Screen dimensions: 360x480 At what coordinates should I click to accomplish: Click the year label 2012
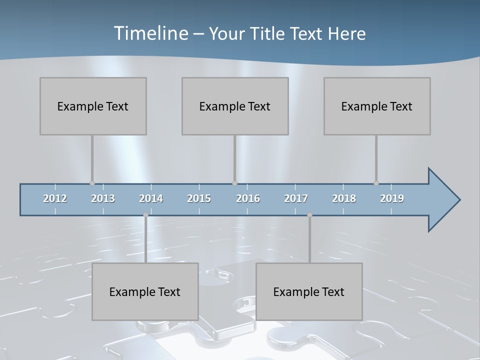point(55,198)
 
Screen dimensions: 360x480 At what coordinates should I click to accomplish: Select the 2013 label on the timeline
point(103,198)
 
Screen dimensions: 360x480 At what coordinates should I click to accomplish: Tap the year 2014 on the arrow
point(151,198)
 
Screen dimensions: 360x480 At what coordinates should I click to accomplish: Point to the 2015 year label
point(199,198)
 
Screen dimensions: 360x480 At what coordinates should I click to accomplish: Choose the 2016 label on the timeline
point(248,198)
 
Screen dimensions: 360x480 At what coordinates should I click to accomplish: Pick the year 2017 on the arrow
point(296,198)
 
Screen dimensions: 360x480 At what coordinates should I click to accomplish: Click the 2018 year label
point(344,198)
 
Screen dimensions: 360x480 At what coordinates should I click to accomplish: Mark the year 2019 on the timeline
point(392,198)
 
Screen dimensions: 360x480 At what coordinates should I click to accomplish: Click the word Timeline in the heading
point(150,33)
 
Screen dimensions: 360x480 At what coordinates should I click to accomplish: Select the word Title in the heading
point(268,34)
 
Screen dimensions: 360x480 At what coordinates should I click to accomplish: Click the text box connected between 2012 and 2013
point(93,106)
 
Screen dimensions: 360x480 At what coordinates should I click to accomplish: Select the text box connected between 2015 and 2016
point(235,106)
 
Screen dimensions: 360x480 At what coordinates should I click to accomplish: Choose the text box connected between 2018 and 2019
point(377,106)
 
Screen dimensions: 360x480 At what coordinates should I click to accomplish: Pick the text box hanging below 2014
point(145,291)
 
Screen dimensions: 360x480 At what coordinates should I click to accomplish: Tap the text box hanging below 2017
point(309,291)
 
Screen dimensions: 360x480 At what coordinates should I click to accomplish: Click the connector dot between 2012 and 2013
point(92,183)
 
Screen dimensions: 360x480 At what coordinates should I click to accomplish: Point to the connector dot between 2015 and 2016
point(234,183)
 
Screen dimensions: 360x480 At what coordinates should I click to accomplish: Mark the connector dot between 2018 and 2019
point(376,183)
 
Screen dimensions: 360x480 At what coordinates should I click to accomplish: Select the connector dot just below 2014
point(145,215)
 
